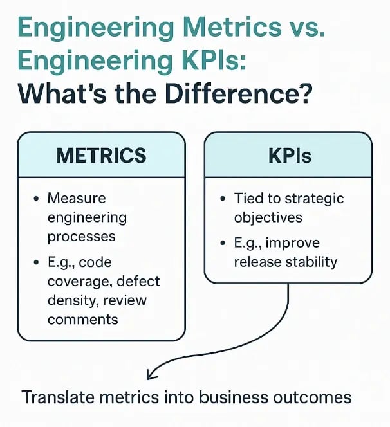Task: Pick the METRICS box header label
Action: (101, 156)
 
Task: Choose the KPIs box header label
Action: (288, 156)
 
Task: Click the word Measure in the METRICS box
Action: (76, 198)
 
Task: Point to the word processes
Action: (81, 236)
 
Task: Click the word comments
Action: (82, 319)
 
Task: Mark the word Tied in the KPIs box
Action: (248, 198)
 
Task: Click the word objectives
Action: (267, 217)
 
